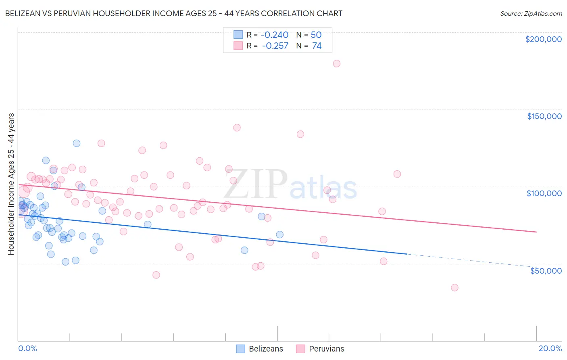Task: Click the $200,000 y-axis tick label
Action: pos(543,39)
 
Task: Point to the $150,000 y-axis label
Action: pos(544,116)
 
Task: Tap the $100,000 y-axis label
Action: pos(544,193)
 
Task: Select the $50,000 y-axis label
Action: pos(546,270)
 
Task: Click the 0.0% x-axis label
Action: pos(27,348)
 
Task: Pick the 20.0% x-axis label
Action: pos(550,348)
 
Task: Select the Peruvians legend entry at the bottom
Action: pos(321,349)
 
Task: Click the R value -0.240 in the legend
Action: pos(275,35)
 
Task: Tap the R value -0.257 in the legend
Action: pos(275,46)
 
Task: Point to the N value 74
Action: pos(317,46)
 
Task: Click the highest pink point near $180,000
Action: pos(337,63)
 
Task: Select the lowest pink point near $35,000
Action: pos(454,287)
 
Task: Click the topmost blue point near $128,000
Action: pos(77,143)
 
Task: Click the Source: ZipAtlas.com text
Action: pos(531,14)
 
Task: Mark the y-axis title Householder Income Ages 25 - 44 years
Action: pos(11,184)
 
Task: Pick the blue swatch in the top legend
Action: pos(238,35)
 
